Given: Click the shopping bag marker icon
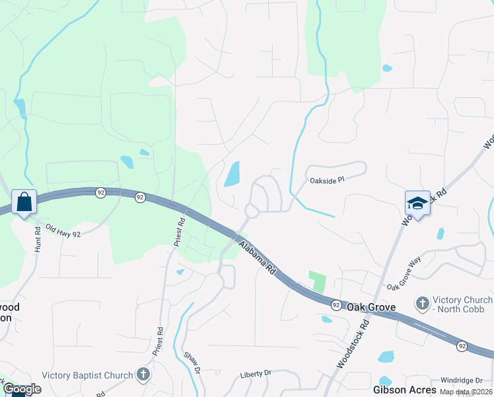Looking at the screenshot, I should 24,202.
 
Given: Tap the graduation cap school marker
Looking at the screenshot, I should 417,203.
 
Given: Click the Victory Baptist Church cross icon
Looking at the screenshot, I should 143,375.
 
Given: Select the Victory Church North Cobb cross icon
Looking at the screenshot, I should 422,304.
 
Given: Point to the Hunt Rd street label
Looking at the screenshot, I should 38,239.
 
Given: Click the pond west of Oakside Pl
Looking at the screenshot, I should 232,174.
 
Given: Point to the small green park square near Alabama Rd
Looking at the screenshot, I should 318,281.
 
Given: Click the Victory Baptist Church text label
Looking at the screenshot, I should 87,375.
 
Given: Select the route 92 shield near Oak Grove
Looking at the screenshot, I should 336,304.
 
